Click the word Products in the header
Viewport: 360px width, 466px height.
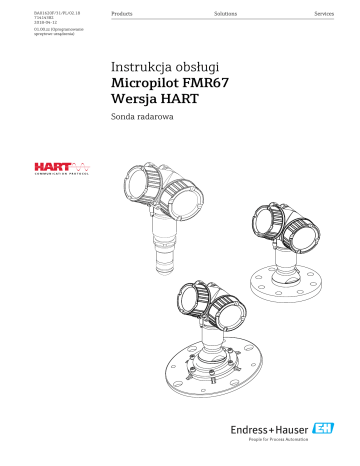point(125,17)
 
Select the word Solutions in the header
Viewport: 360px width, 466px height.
point(226,17)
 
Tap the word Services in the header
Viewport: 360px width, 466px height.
point(325,17)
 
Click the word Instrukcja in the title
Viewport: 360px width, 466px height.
point(139,69)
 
